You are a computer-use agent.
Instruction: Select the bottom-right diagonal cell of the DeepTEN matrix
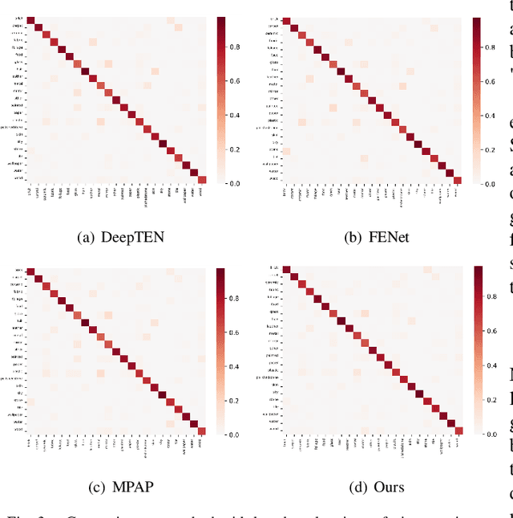[202, 180]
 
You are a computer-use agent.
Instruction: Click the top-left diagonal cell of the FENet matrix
[286, 21]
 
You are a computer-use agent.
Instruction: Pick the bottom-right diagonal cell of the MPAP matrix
[202, 475]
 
